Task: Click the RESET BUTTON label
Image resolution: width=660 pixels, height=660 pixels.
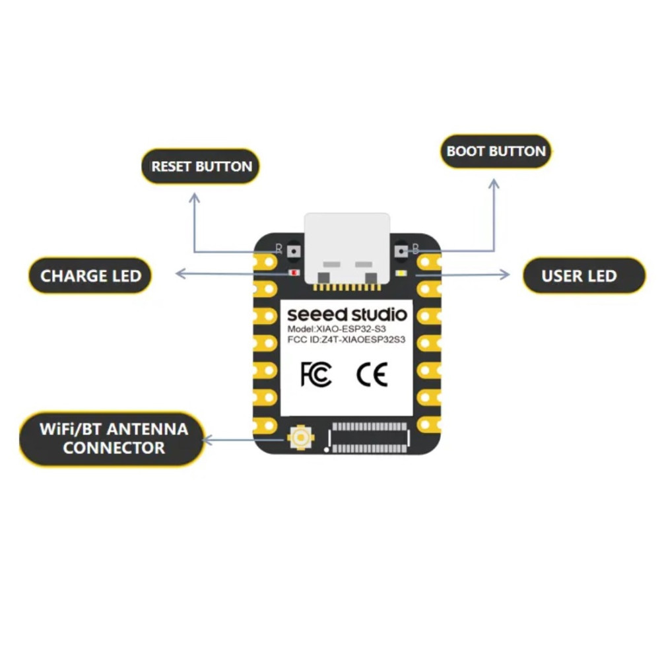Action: pyautogui.click(x=201, y=166)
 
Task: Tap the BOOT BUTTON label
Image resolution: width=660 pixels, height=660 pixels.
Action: pyautogui.click(x=496, y=152)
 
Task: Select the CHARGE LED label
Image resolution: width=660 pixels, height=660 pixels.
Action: pyautogui.click(x=90, y=276)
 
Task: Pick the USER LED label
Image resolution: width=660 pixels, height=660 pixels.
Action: pyautogui.click(x=583, y=276)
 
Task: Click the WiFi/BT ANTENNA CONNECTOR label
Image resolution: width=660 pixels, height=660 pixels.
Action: pyautogui.click(x=113, y=439)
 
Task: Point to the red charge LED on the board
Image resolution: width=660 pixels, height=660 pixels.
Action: pyautogui.click(x=294, y=273)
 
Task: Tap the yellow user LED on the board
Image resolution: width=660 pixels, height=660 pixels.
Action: pyautogui.click(x=401, y=273)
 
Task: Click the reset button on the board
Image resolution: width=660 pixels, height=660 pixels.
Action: pyautogui.click(x=294, y=251)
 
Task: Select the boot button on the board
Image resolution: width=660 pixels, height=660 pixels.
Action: pyautogui.click(x=401, y=251)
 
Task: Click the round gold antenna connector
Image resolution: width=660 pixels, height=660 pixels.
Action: pyautogui.click(x=300, y=438)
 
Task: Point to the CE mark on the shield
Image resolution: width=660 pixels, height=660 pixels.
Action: pyautogui.click(x=372, y=375)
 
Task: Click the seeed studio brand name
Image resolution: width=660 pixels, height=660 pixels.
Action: pyautogui.click(x=347, y=314)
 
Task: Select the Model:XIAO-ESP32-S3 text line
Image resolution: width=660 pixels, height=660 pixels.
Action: pyautogui.click(x=337, y=329)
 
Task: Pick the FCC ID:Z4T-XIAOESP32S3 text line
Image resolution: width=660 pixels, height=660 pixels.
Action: pyautogui.click(x=346, y=339)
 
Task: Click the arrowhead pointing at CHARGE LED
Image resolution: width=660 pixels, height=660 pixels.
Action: pyautogui.click(x=180, y=274)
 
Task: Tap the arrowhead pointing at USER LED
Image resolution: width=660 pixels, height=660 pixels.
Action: pyautogui.click(x=505, y=275)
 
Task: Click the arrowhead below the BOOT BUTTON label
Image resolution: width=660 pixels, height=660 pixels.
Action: pyautogui.click(x=494, y=183)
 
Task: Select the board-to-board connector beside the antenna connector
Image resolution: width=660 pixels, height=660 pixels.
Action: pyautogui.click(x=370, y=438)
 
